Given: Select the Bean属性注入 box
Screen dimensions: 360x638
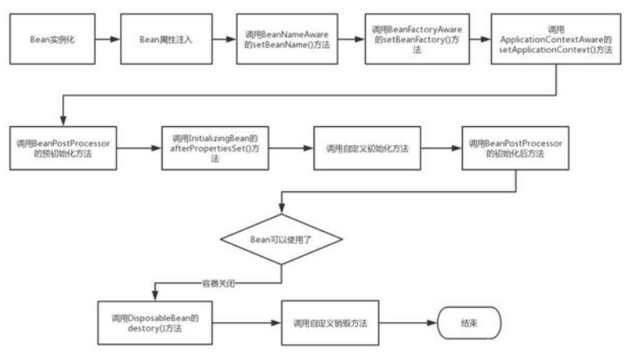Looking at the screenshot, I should [167, 38].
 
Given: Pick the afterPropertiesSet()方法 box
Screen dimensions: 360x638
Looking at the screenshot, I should [215, 148].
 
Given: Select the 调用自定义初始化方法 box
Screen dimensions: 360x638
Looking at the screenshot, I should [366, 148].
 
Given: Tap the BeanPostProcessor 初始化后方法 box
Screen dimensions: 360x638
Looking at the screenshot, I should [516, 148].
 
